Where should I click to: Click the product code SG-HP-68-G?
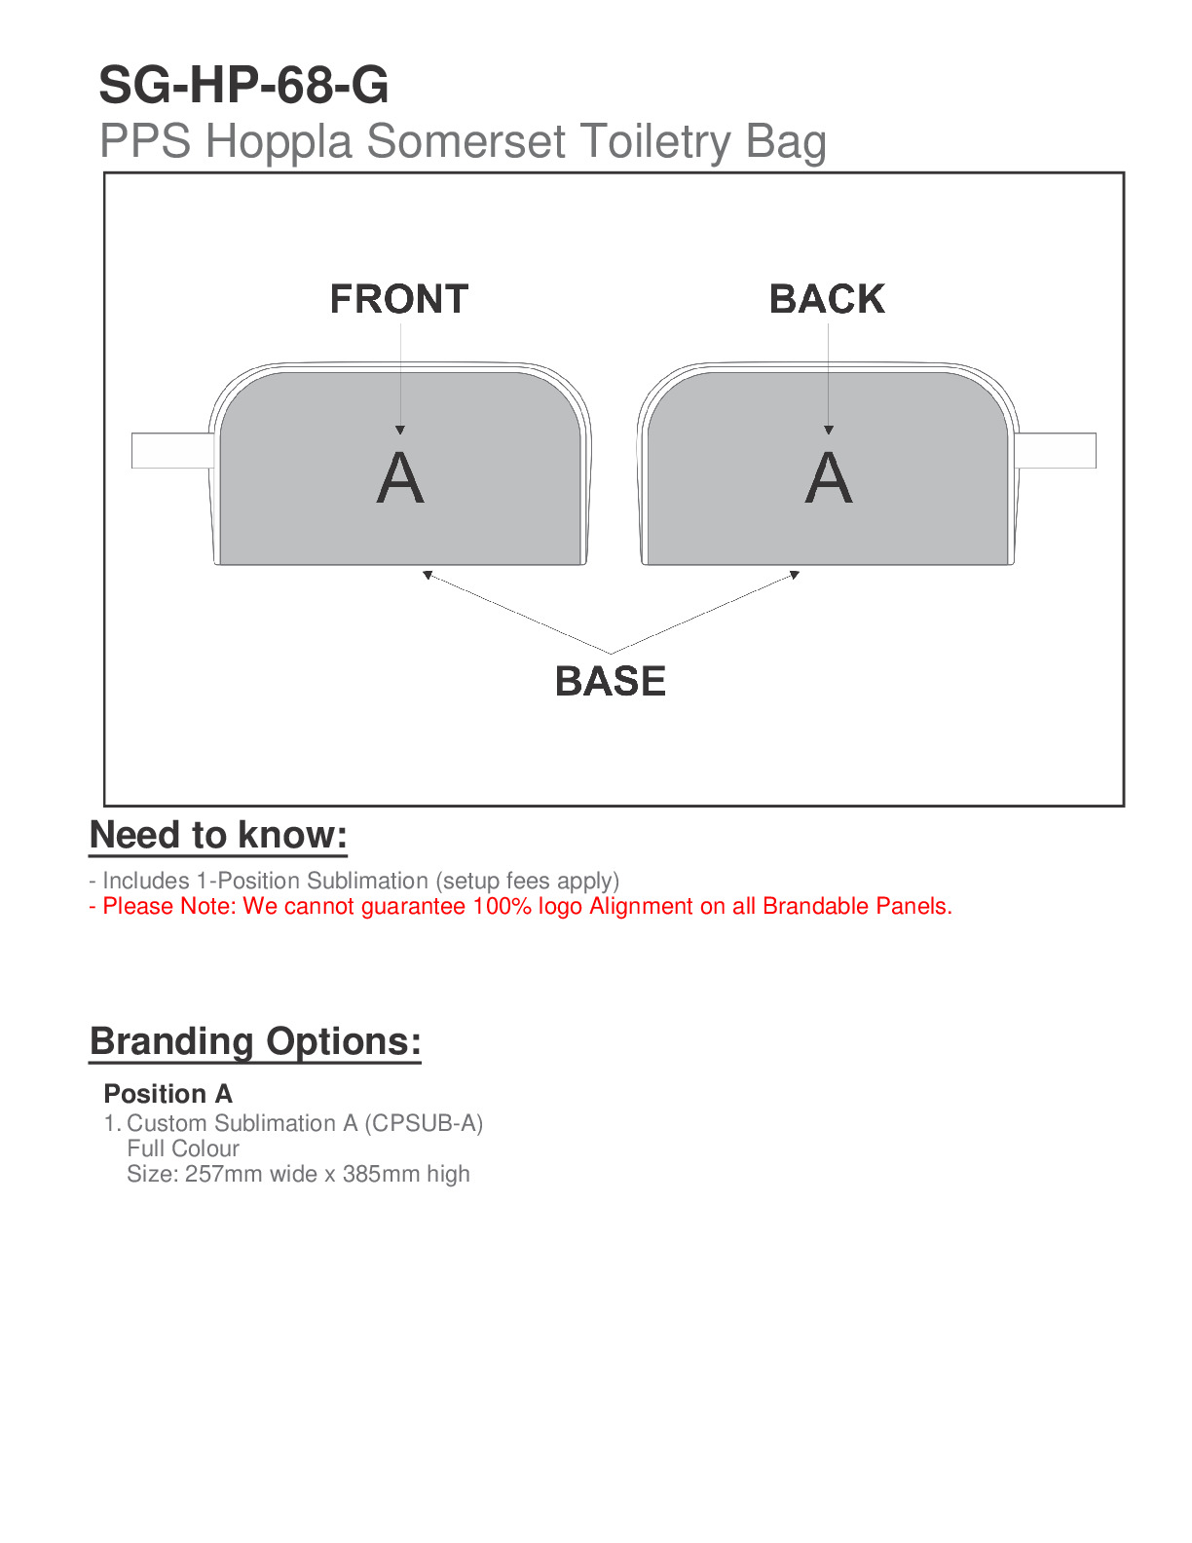(x=243, y=86)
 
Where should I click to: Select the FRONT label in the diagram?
(x=399, y=299)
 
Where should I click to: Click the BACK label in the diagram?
(x=827, y=299)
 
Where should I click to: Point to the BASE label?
(x=611, y=681)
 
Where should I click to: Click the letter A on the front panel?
(x=400, y=478)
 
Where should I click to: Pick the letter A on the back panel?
(x=829, y=478)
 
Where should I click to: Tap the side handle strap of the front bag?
(x=171, y=450)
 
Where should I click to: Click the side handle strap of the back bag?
(x=1056, y=450)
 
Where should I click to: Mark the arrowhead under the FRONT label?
(x=400, y=430)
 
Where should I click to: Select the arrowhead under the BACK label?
(x=829, y=430)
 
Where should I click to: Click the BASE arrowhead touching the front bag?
(x=428, y=576)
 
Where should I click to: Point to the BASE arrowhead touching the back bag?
(x=795, y=575)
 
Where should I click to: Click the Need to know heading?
(x=218, y=836)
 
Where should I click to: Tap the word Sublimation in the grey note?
(x=367, y=881)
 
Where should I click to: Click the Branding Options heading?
(x=255, y=1041)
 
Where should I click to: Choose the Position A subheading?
(x=168, y=1094)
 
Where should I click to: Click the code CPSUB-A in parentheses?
(x=424, y=1123)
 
